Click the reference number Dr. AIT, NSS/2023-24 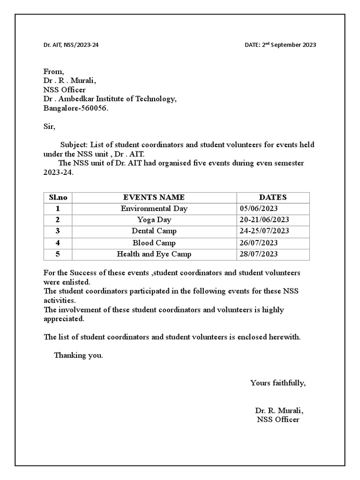tap(71, 45)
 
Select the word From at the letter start tap(53, 71)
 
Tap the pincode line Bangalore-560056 tap(75, 108)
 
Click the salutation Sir tap(49, 127)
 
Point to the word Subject tap(74, 145)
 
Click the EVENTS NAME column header tap(154, 197)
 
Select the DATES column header tap(272, 197)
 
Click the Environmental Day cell tap(154, 209)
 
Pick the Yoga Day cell tap(154, 220)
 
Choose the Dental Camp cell tap(154, 231)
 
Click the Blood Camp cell tap(154, 243)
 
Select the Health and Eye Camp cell tap(154, 254)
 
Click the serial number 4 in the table tap(58, 243)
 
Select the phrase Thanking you tap(78, 355)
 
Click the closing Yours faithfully tap(278, 383)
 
